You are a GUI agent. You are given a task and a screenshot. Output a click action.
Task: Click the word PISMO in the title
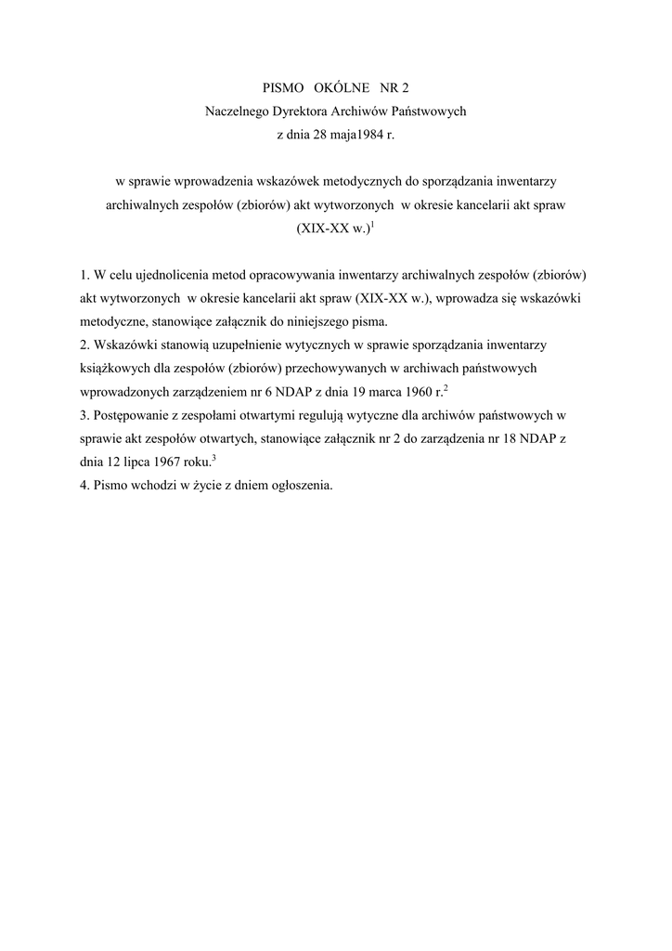(285, 88)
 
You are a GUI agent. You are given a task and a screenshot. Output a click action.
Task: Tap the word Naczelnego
(237, 111)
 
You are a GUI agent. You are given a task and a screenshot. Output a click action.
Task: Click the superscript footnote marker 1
(372, 224)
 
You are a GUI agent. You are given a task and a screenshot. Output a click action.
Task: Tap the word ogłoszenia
(301, 485)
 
